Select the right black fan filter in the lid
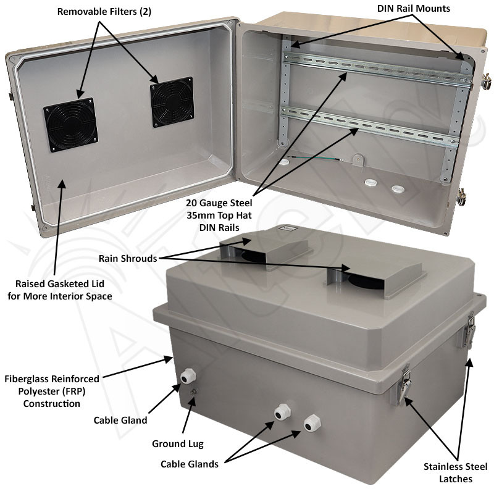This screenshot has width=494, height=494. (172, 102)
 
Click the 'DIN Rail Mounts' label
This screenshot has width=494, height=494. (413, 8)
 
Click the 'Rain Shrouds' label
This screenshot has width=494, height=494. (128, 258)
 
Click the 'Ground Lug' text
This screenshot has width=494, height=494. (177, 443)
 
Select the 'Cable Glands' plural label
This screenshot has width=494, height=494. (190, 464)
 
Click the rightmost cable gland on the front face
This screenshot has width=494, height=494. (311, 423)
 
